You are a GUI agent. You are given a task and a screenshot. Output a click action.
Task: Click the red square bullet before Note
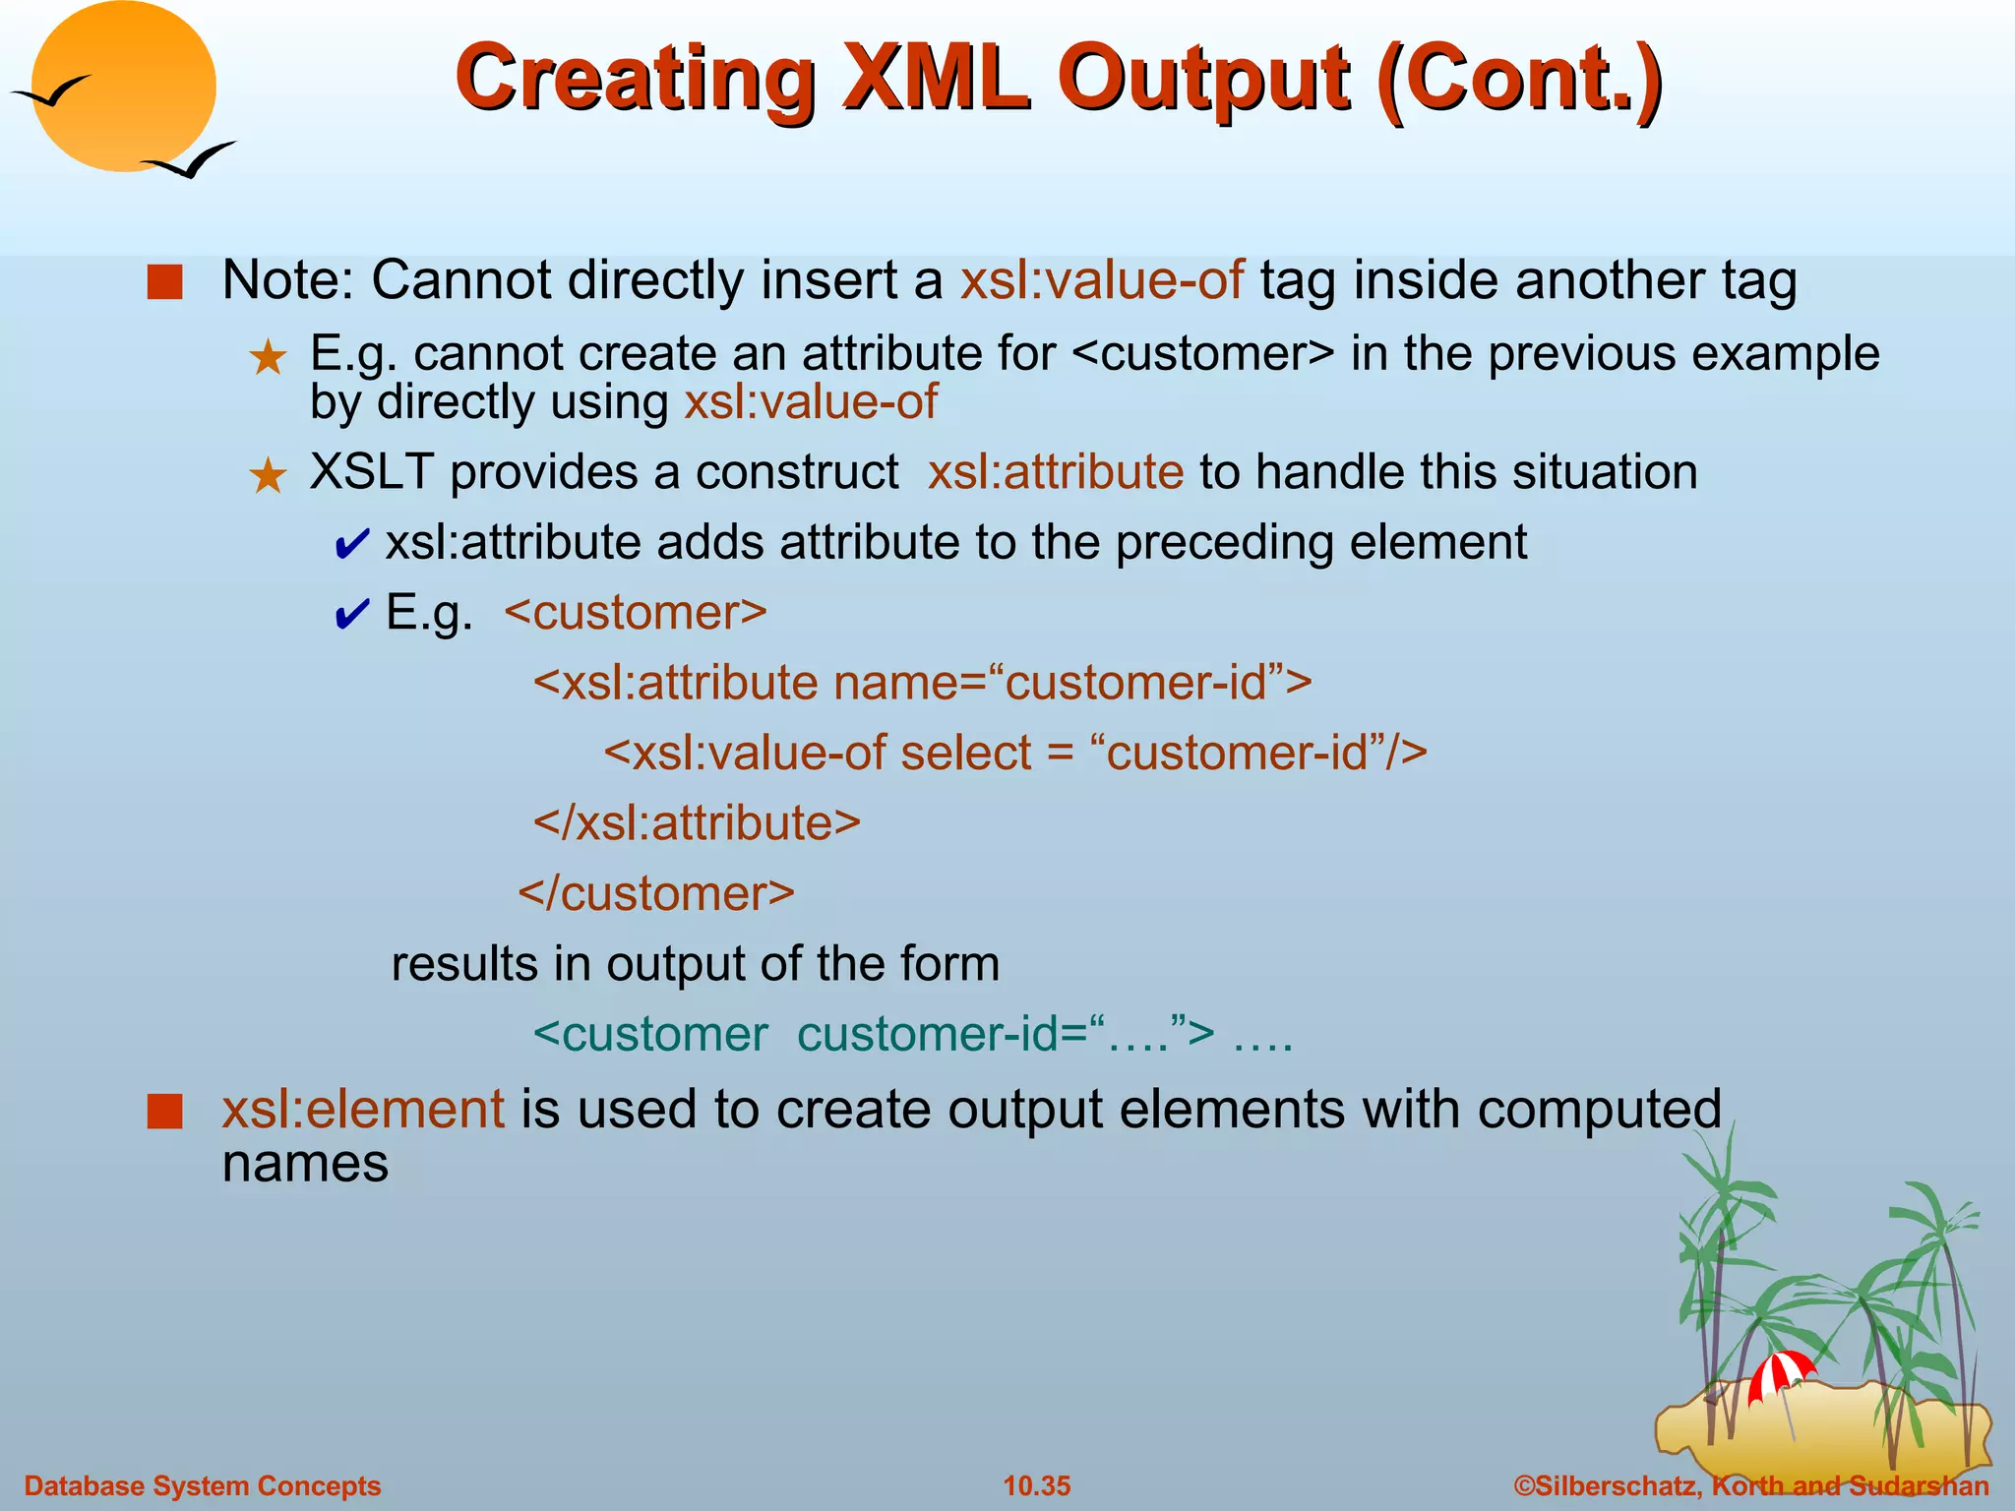pos(165,282)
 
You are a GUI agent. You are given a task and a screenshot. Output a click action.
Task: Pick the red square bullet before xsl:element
pos(165,1112)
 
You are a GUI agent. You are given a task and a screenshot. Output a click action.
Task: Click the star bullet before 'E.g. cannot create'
pos(268,358)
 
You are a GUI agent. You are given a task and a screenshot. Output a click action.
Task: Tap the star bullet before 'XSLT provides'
pos(268,476)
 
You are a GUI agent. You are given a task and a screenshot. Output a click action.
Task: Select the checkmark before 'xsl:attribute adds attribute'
pos(351,544)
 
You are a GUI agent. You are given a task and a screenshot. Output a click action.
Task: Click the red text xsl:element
pos(363,1110)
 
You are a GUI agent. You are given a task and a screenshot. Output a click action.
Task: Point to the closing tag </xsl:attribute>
pos(697,822)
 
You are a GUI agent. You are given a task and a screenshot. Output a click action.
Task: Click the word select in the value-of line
pos(965,753)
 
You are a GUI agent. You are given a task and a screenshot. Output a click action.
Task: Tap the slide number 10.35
pos(1036,1485)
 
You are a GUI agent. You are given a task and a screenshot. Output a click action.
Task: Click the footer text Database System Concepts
pos(203,1485)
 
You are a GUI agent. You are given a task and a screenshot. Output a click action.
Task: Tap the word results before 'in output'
pos(463,963)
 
